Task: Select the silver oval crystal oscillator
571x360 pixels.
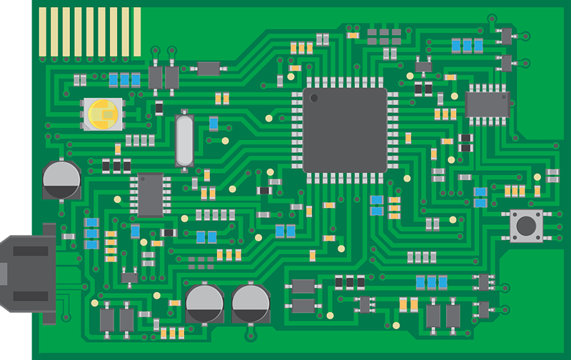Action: (x=183, y=140)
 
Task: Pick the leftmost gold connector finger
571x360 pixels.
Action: (x=43, y=32)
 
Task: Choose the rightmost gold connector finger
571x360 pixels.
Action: (x=136, y=32)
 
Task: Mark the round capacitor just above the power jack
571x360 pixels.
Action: (x=61, y=179)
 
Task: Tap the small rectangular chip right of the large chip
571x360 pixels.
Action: (x=487, y=104)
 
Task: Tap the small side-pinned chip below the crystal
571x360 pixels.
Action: (x=151, y=194)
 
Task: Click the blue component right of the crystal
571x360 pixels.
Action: (x=213, y=123)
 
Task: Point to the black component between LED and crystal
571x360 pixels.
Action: (x=159, y=107)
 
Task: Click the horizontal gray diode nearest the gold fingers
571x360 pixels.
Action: (x=208, y=69)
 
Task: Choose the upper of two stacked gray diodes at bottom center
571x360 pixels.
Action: (x=304, y=286)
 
